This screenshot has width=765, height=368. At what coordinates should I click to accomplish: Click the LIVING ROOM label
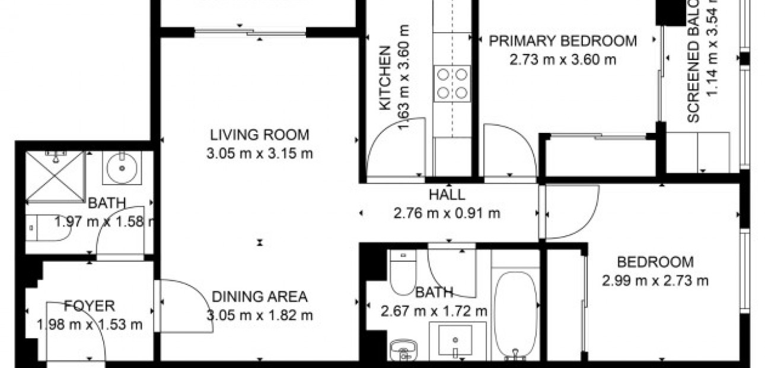click(259, 134)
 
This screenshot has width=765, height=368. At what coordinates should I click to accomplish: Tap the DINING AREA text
click(259, 296)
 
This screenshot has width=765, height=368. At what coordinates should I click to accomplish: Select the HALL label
click(447, 194)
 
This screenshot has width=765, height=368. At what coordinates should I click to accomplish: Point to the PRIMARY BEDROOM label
click(563, 41)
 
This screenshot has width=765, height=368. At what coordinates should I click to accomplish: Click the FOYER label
click(90, 306)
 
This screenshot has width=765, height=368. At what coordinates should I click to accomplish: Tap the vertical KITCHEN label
click(385, 77)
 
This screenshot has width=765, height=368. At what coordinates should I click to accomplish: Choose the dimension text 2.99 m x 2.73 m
click(655, 281)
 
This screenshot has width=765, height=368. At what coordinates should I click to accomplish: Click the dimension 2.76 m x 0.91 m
click(447, 213)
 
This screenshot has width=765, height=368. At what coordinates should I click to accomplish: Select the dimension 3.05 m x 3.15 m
click(259, 154)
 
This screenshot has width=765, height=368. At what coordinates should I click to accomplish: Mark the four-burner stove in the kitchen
click(452, 83)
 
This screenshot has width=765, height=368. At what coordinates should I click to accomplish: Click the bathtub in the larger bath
click(514, 315)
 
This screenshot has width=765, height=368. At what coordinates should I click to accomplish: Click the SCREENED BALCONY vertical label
click(694, 62)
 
